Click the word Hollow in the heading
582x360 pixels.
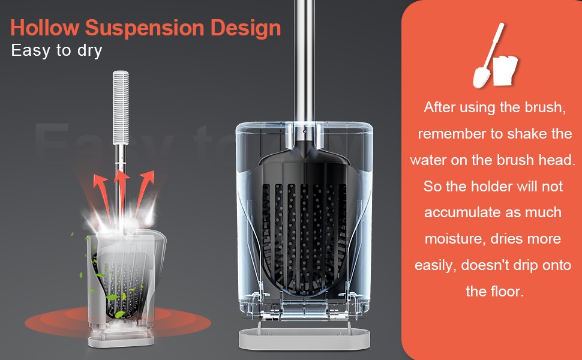point(45,28)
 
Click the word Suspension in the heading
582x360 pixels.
point(145,28)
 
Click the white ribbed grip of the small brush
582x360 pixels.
point(121,107)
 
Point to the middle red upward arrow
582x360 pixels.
point(121,193)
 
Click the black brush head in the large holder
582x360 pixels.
point(304,223)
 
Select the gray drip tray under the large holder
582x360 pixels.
point(304,338)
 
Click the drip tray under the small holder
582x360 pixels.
point(121,341)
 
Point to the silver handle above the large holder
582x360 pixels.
point(304,61)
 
